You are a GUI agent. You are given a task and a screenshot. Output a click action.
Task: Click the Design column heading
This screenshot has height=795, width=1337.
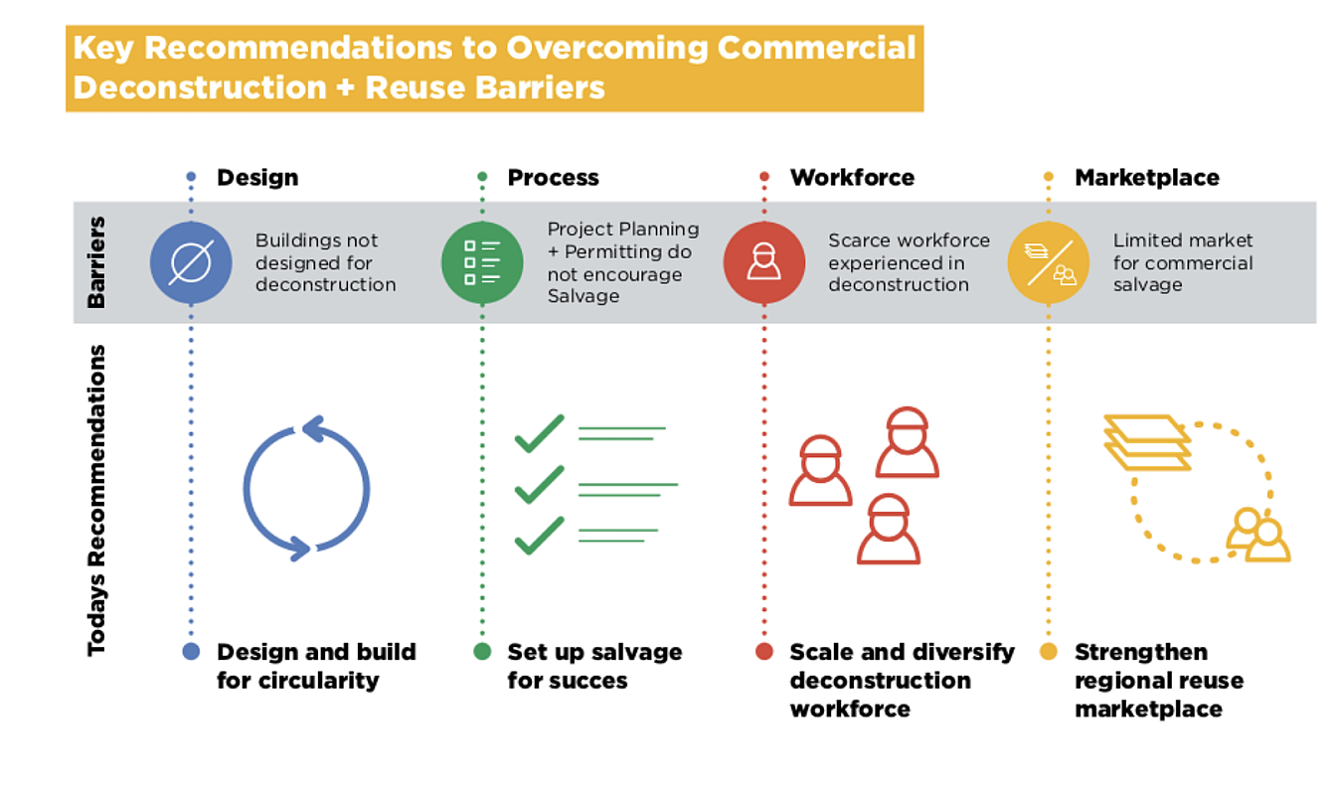pyautogui.click(x=257, y=178)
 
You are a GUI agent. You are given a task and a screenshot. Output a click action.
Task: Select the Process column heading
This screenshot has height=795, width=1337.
pyautogui.click(x=553, y=178)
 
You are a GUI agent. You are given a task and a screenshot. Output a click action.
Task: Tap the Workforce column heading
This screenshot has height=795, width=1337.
pyautogui.click(x=852, y=178)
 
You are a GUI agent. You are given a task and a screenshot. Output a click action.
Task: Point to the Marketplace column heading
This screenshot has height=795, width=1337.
pyautogui.click(x=1146, y=178)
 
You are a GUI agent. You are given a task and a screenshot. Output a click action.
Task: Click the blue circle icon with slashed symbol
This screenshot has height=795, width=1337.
pyautogui.click(x=191, y=263)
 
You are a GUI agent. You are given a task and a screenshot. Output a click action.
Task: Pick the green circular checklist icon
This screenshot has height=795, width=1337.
pyautogui.click(x=482, y=263)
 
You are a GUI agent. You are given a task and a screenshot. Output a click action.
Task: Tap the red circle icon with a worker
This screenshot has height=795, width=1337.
pyautogui.click(x=763, y=263)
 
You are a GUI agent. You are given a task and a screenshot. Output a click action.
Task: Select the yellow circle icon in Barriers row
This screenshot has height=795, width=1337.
pyautogui.click(x=1048, y=263)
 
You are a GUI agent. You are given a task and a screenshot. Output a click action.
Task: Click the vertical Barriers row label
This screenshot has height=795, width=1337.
pyautogui.click(x=97, y=262)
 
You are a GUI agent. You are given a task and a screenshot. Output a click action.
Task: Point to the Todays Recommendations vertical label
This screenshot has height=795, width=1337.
pyautogui.click(x=96, y=500)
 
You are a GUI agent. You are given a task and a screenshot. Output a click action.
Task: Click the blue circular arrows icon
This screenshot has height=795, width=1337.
pyautogui.click(x=306, y=488)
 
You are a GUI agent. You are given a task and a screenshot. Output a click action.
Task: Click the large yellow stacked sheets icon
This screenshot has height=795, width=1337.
pyautogui.click(x=1147, y=442)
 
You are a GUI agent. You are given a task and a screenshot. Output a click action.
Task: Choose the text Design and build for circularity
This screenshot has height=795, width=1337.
pyautogui.click(x=316, y=666)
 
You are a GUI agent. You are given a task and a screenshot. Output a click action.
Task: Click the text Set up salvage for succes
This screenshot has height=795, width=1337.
pyautogui.click(x=594, y=666)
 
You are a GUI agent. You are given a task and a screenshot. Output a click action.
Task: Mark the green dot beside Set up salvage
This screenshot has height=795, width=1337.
pyautogui.click(x=482, y=652)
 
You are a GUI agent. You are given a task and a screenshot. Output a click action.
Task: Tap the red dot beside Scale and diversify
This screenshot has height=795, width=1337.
pyautogui.click(x=763, y=652)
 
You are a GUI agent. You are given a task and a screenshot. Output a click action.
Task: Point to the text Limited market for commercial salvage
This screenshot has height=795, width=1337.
pyautogui.click(x=1182, y=262)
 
